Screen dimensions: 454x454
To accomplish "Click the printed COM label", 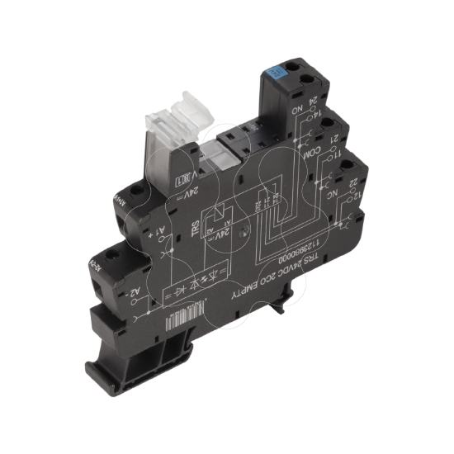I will click(310, 154).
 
